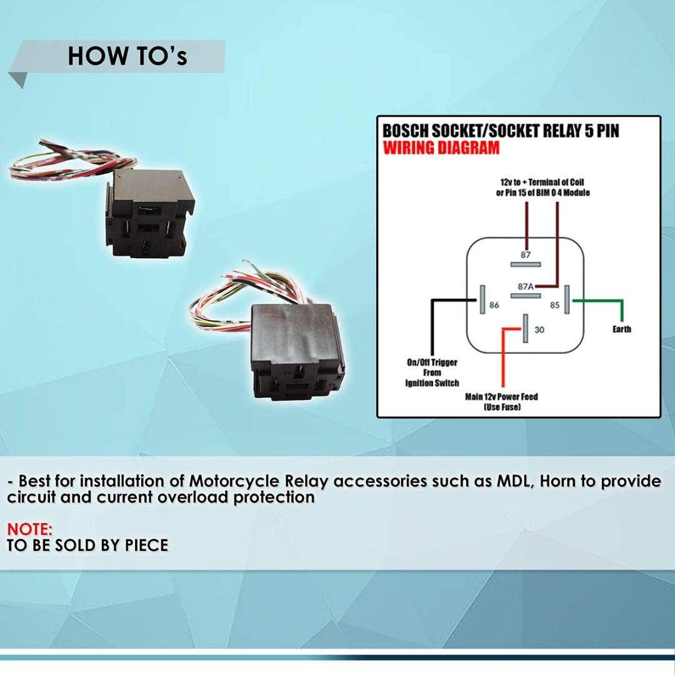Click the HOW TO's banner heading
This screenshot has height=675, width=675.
point(127,56)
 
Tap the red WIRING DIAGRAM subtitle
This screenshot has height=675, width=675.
point(441,148)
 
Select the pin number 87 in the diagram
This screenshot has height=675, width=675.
point(526,254)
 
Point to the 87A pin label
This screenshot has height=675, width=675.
point(526,286)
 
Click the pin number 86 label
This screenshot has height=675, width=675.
point(494,306)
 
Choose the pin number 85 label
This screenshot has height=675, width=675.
point(554,306)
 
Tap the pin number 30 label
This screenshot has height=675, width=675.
point(539,330)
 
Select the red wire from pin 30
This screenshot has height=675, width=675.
point(502,356)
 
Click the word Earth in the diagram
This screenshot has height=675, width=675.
point(621,329)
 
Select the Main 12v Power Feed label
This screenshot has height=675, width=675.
point(501,397)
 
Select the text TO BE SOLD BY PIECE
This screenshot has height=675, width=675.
point(87,546)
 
